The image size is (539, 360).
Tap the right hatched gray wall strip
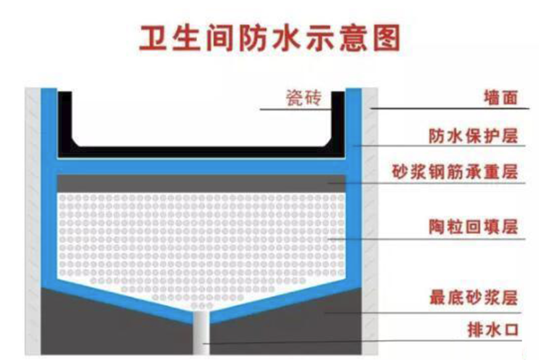point(371,220)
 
